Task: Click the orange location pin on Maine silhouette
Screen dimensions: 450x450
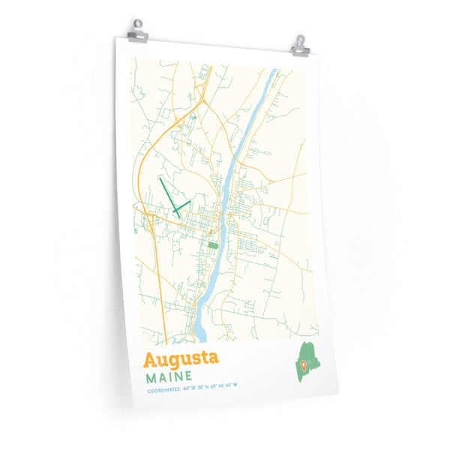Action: tap(302, 365)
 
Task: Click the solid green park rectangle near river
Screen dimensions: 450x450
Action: tap(213, 244)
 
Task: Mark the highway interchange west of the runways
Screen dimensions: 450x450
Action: tap(150, 220)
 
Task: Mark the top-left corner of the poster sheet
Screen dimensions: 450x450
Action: tap(116, 37)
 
